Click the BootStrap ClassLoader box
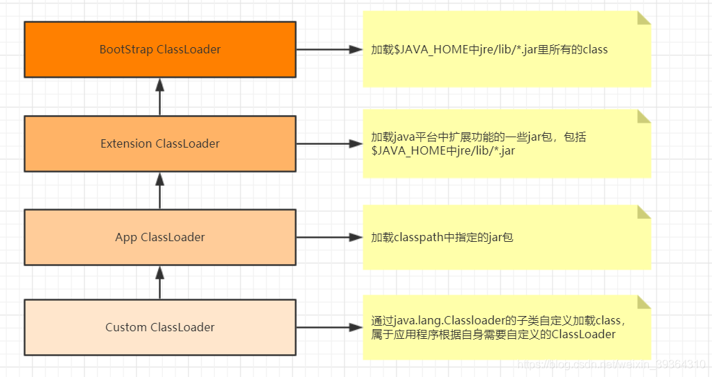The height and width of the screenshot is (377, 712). click(x=160, y=49)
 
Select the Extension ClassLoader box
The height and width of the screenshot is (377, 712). click(x=160, y=143)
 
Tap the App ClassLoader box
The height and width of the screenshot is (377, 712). click(x=160, y=237)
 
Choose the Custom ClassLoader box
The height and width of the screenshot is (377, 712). click(x=160, y=327)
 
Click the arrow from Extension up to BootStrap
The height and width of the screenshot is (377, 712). click(x=160, y=96)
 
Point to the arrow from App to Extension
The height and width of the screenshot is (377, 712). click(x=160, y=191)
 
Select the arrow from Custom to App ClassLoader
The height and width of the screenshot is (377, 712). click(x=160, y=282)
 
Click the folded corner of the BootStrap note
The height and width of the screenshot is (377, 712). click(x=644, y=18)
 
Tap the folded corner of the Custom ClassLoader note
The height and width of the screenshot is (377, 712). click(x=644, y=302)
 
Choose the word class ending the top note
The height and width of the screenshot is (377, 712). click(x=595, y=50)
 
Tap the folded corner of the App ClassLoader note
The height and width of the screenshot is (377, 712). click(x=644, y=212)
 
